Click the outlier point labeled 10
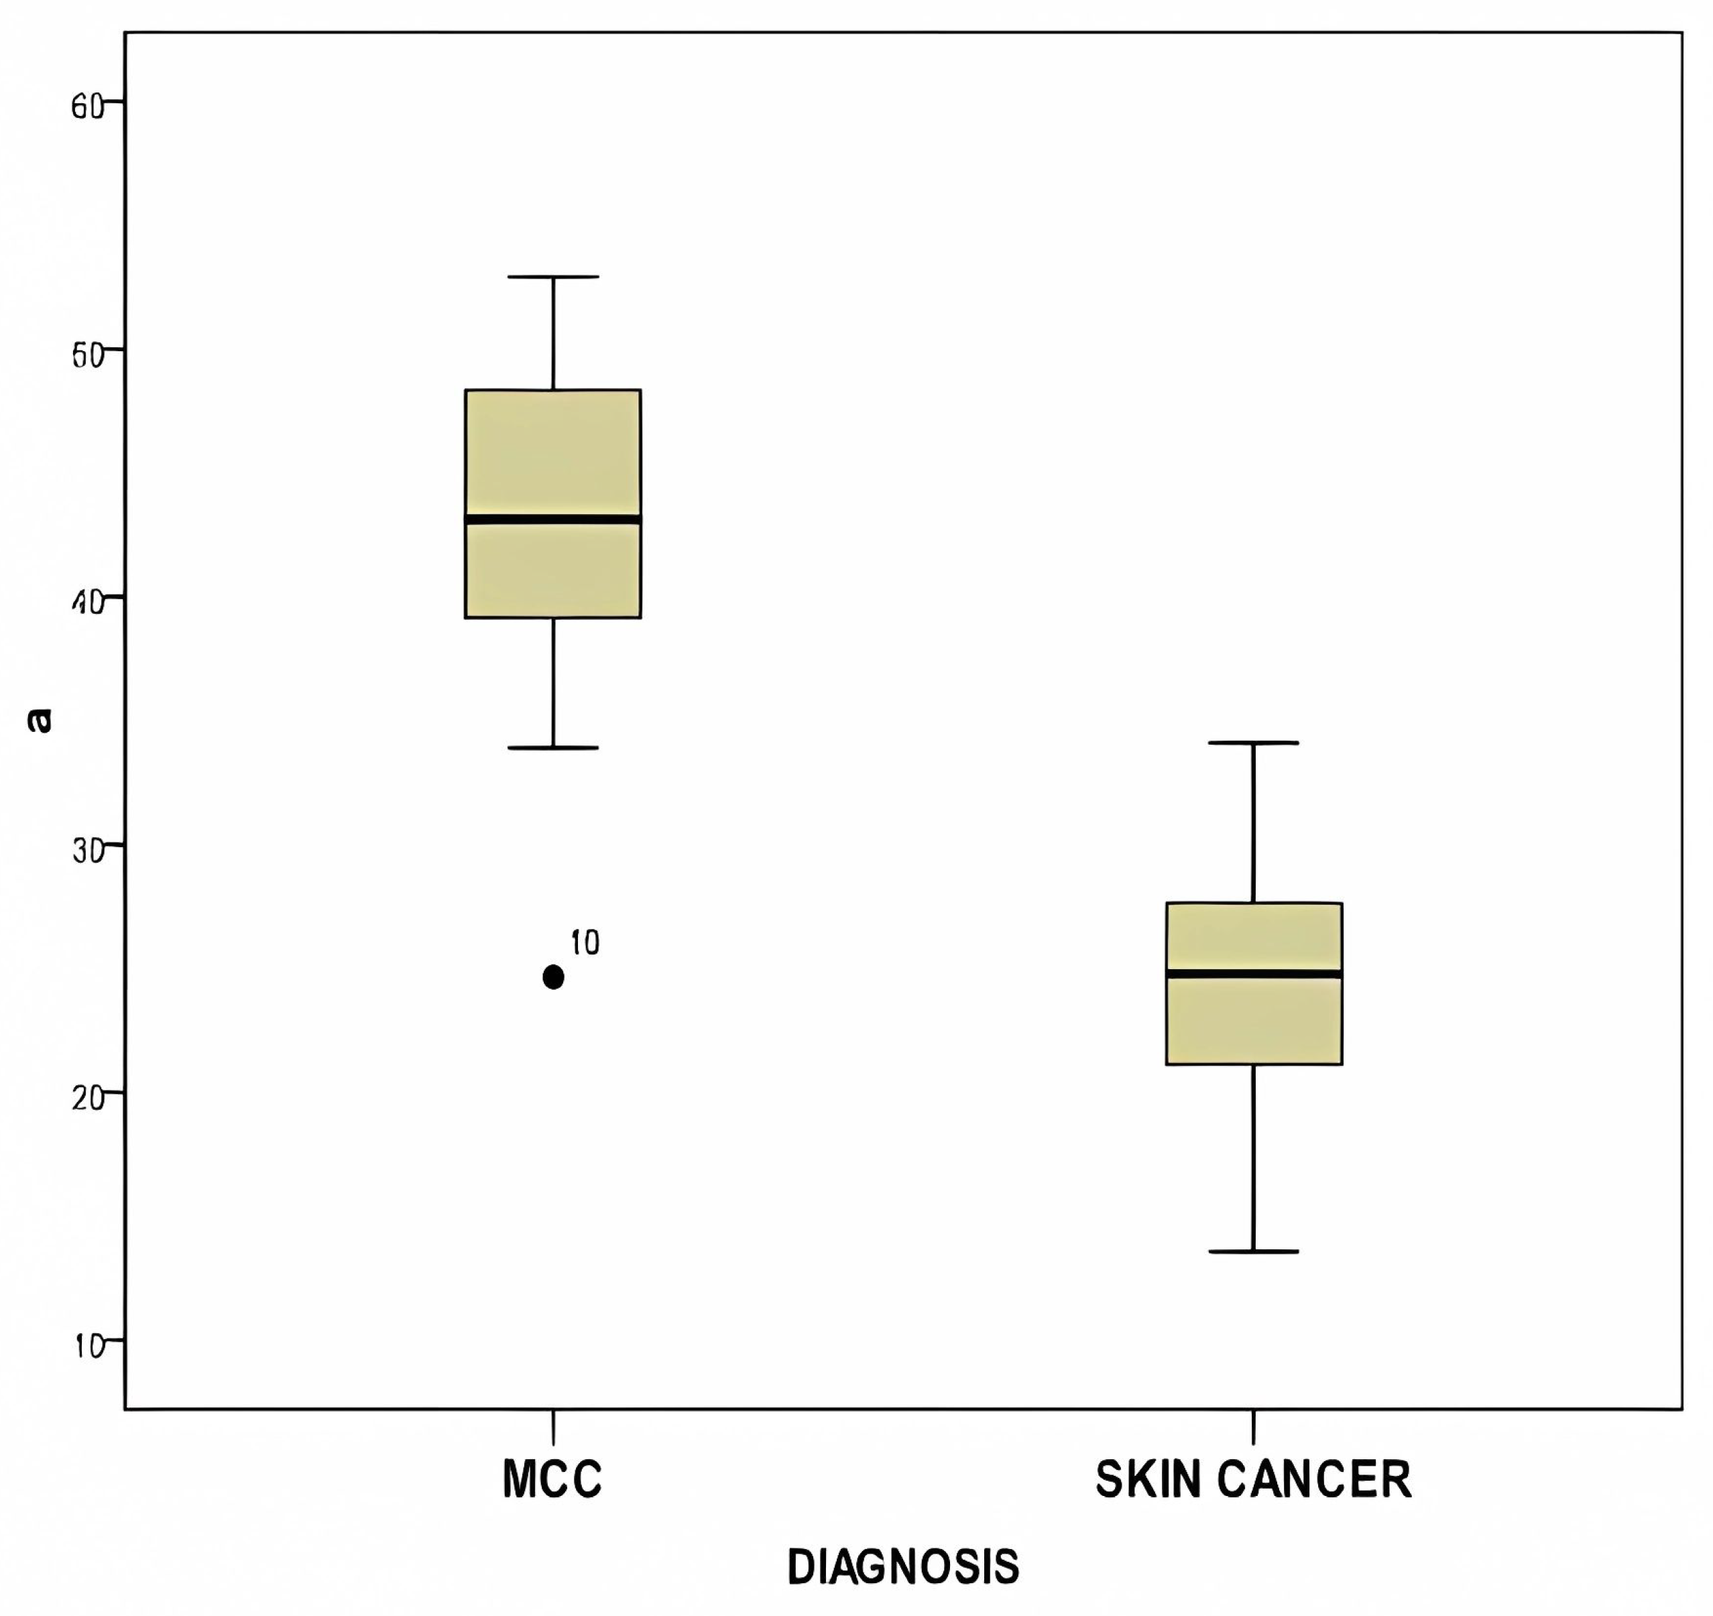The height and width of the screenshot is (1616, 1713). [553, 977]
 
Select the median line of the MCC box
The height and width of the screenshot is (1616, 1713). [553, 519]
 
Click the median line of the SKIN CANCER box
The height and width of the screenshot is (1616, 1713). [1254, 973]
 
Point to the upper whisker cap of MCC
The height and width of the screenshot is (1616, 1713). [553, 277]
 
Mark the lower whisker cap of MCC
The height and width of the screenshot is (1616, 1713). [553, 748]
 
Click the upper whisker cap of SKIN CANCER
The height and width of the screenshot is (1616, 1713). [1254, 743]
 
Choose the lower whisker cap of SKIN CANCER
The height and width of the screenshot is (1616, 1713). [1254, 1251]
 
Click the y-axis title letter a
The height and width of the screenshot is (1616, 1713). [40, 720]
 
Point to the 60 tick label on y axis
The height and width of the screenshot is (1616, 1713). [87, 107]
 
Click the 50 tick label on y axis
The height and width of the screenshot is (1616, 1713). [87, 354]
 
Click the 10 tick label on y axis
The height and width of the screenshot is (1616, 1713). [87, 1345]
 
